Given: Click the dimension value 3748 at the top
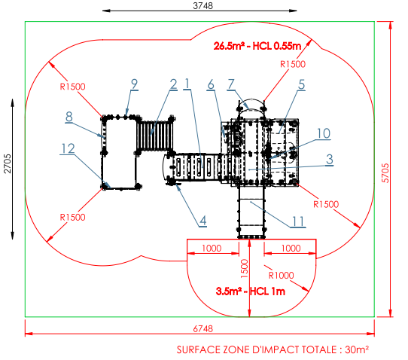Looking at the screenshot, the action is (x=202, y=5).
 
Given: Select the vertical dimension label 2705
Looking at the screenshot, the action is (x=8, y=163).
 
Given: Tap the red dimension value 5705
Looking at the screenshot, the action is (x=385, y=173).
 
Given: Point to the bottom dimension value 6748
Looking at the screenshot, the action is (x=202, y=329).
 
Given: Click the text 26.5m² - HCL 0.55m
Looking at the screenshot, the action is (x=257, y=46).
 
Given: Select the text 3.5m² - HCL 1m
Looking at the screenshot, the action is (x=251, y=291).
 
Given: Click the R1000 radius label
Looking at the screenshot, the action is (x=281, y=275).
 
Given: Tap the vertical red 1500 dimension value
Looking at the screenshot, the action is (x=245, y=269).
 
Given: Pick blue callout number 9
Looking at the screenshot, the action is (x=134, y=84).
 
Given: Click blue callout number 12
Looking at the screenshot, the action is (x=68, y=148).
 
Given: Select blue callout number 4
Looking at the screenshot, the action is (x=203, y=221).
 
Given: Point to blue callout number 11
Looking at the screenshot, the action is (x=298, y=221).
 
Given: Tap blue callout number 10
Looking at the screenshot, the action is (x=324, y=133).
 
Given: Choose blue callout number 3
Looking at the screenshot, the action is (x=330, y=159).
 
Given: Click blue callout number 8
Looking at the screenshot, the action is (x=69, y=117).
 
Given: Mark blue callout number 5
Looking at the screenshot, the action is (x=301, y=84).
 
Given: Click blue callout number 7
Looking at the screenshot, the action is (x=231, y=84).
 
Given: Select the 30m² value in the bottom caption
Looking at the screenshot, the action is (x=357, y=349).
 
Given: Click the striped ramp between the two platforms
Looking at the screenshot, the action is (x=154, y=136).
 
